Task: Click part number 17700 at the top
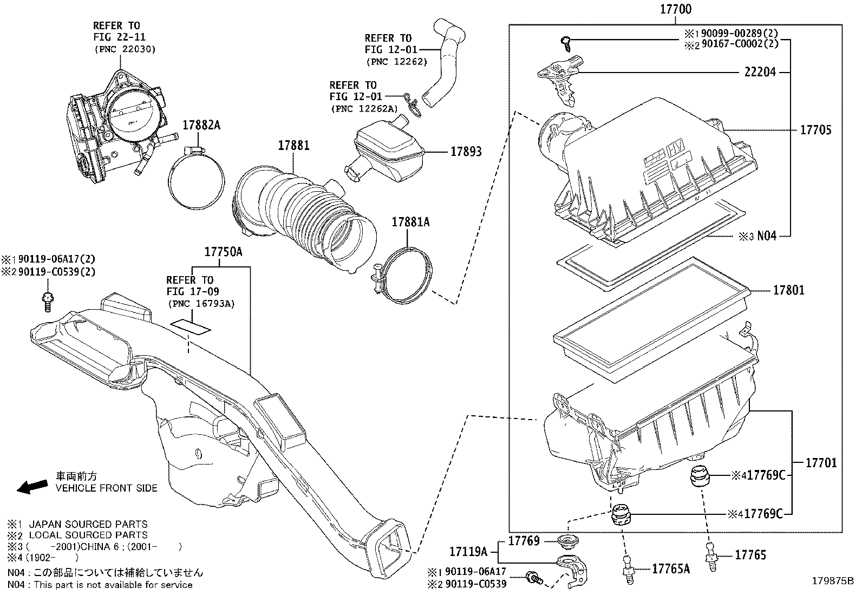point(676,9)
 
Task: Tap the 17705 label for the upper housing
point(815,130)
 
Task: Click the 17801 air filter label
point(788,290)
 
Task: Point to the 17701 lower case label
point(821,463)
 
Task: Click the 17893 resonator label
point(466,152)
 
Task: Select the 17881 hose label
point(293,145)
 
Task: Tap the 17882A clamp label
point(201,125)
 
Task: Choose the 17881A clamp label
point(410,221)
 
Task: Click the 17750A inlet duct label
point(223,252)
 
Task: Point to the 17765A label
point(671,568)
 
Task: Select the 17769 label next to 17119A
point(524,541)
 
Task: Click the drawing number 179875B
point(832,581)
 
